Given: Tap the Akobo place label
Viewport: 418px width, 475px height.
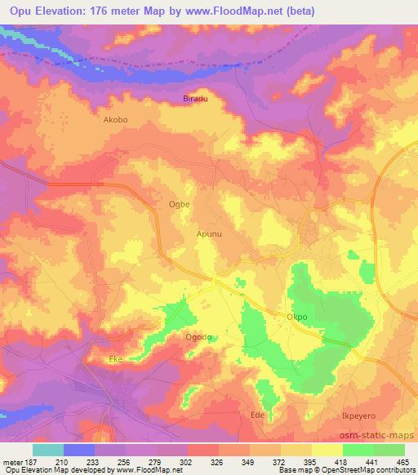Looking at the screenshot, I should click(116, 119).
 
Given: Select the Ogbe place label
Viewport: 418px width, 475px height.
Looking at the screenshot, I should click(179, 204).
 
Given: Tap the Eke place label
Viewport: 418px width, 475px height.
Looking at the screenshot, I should click(115, 358).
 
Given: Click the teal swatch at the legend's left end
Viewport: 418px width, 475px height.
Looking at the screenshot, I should click(49, 450).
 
